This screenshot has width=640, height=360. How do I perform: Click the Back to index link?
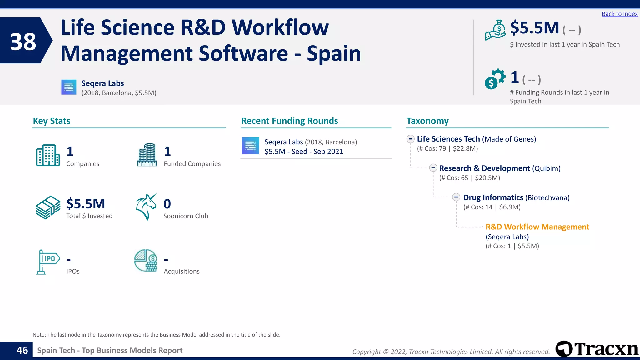[x=619, y=14]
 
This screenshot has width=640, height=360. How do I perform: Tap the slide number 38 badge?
[x=23, y=41]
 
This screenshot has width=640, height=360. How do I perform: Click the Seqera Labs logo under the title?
[x=69, y=87]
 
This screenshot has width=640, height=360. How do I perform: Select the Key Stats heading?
[x=52, y=121]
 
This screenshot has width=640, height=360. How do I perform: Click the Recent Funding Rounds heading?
[x=289, y=121]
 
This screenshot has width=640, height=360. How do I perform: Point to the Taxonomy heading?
[x=427, y=121]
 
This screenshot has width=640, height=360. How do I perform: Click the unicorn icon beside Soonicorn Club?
[x=146, y=207]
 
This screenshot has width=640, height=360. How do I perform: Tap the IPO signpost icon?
[x=47, y=262]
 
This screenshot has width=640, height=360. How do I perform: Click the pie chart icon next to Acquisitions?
[x=146, y=260]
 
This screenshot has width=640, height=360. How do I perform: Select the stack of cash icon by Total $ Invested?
[x=48, y=207]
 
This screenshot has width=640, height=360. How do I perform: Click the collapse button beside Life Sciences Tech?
[x=411, y=139]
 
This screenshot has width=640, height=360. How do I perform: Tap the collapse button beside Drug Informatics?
[x=456, y=197]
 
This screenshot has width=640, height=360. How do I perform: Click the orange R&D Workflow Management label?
[x=537, y=227]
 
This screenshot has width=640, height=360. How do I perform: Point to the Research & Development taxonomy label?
[x=484, y=168]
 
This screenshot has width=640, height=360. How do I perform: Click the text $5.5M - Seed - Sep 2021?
[x=304, y=152]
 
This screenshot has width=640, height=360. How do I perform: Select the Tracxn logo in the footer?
[x=597, y=349]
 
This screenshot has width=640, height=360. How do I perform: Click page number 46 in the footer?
[x=22, y=350]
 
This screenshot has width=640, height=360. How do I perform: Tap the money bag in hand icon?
[x=495, y=30]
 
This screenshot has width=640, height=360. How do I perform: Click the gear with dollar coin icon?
[x=495, y=79]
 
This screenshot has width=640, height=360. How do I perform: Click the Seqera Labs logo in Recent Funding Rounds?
[x=250, y=146]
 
